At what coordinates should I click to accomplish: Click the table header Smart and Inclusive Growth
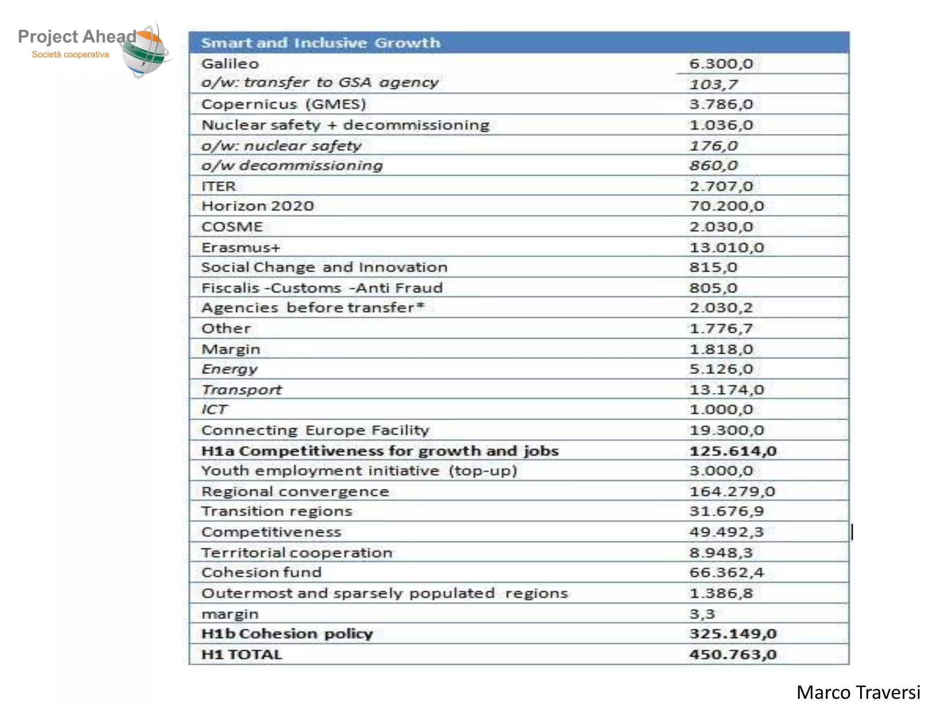(321, 43)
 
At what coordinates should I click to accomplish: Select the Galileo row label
(230, 64)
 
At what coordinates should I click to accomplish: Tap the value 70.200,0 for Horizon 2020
(727, 206)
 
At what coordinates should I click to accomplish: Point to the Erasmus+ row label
(241, 247)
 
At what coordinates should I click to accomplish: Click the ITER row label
(218, 186)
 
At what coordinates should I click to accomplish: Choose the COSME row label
(232, 227)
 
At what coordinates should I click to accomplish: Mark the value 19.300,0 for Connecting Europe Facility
(727, 430)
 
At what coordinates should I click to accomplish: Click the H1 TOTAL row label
(242, 655)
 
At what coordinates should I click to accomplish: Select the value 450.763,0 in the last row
(733, 655)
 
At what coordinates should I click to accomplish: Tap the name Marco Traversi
(858, 692)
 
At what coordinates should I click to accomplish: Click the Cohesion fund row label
(261, 572)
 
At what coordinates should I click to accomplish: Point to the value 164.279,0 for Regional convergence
(732, 491)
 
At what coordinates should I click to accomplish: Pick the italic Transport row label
(242, 390)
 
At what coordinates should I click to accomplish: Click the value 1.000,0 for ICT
(721, 409)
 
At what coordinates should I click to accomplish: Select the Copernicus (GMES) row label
(284, 104)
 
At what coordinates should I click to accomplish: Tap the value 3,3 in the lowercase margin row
(702, 614)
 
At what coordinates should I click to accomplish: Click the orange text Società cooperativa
(70, 54)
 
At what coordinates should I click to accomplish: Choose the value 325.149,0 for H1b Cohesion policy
(733, 634)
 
